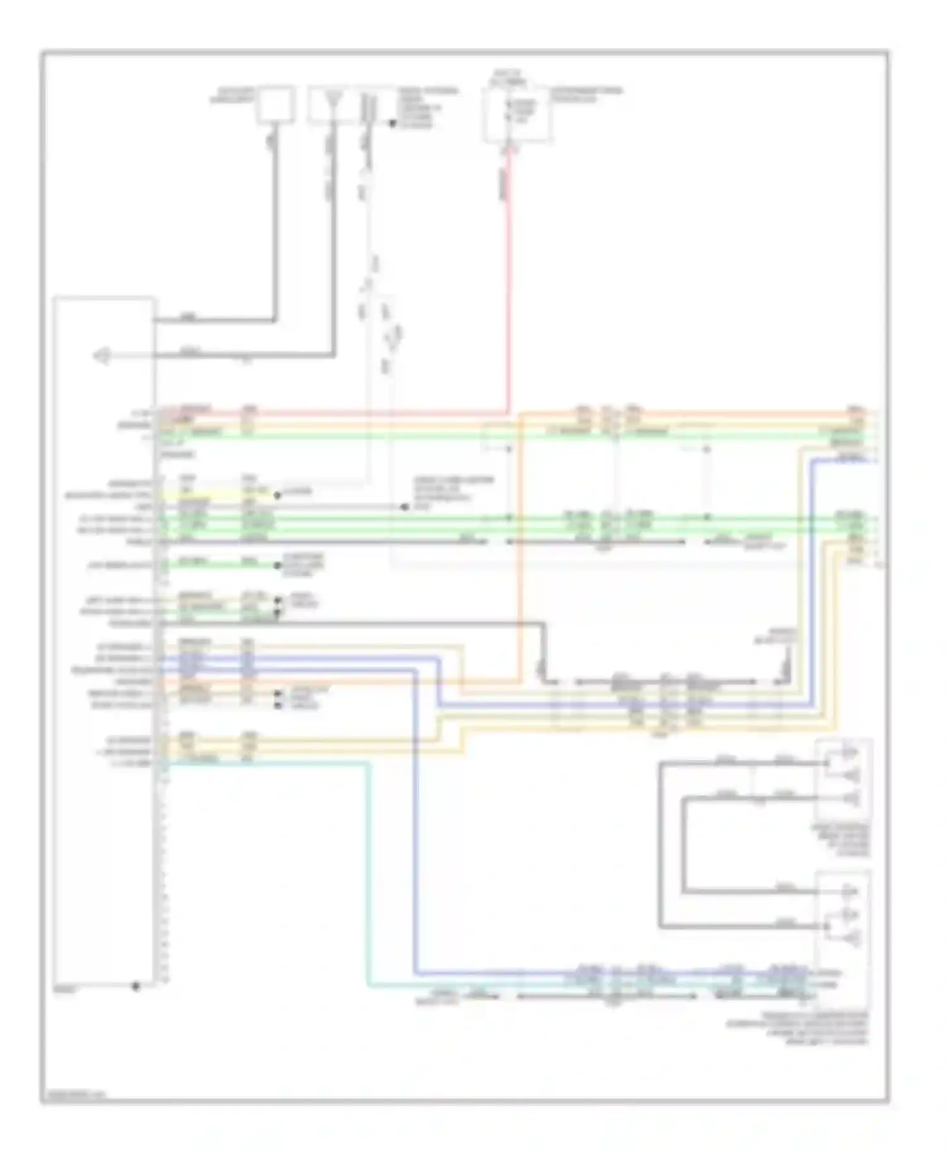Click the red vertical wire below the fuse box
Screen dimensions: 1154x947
pyautogui.click(x=508, y=284)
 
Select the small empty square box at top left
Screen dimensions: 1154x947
pyautogui.click(x=275, y=105)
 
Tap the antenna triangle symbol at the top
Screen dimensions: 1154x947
pyautogui.click(x=331, y=101)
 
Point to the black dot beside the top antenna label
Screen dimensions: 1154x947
pyautogui.click(x=393, y=124)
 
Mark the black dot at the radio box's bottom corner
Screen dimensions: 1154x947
pyautogui.click(x=136, y=985)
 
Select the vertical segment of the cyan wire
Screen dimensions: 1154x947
pyautogui.click(x=368, y=871)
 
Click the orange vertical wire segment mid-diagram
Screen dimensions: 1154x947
pyautogui.click(x=521, y=549)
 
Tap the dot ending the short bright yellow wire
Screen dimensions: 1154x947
pyautogui.click(x=277, y=496)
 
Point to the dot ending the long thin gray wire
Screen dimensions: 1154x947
pyautogui.click(x=405, y=507)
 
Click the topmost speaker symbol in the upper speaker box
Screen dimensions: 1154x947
pyautogui.click(x=849, y=752)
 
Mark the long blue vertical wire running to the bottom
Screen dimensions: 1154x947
pyautogui.click(x=415, y=821)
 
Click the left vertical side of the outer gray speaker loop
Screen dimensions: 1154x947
pyautogui.click(x=660, y=846)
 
